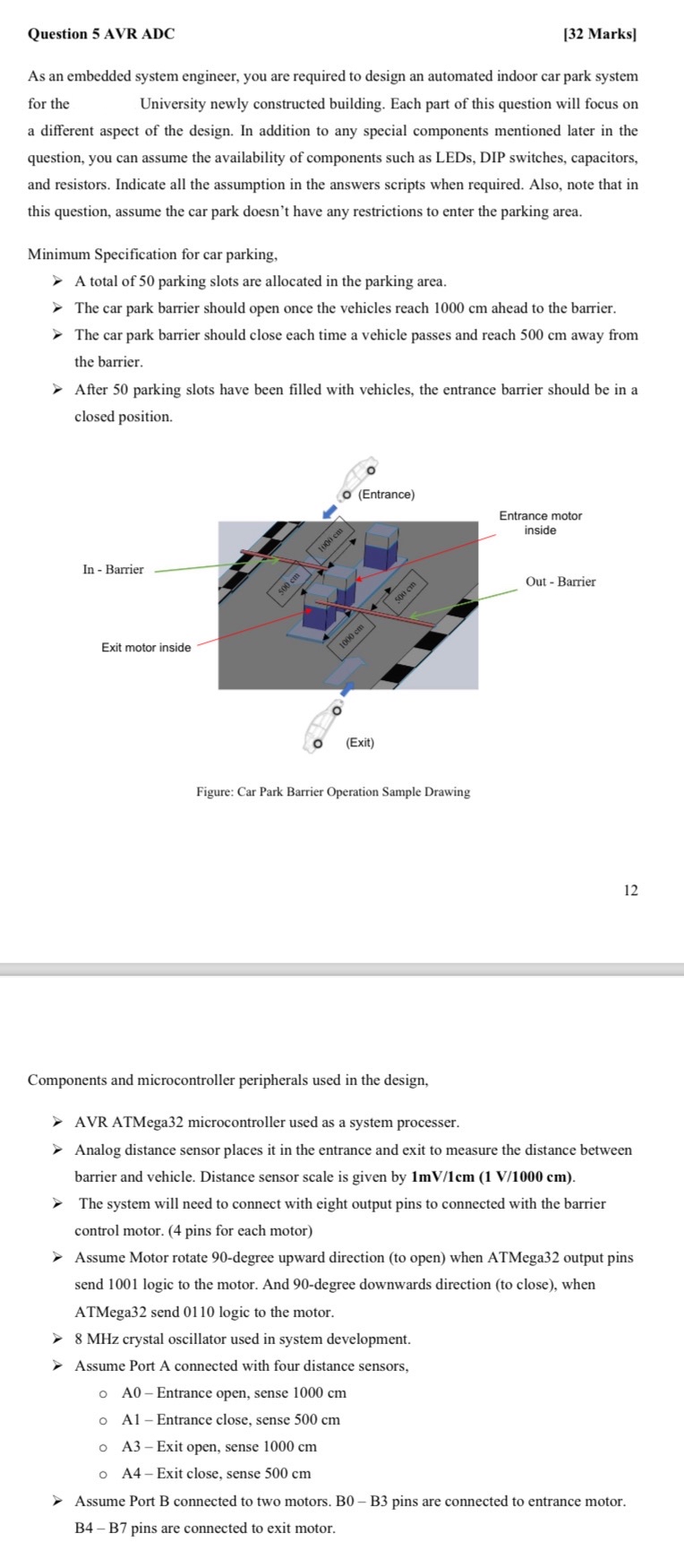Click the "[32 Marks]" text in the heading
pyautogui.click(x=600, y=34)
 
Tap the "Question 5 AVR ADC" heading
pyautogui.click(x=101, y=34)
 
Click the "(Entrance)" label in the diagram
pyautogui.click(x=386, y=495)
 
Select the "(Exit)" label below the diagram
pyautogui.click(x=360, y=743)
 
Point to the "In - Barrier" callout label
pyautogui.click(x=113, y=570)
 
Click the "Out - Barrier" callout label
pyautogui.click(x=560, y=582)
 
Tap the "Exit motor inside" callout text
pyautogui.click(x=146, y=648)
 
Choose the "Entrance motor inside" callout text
pyautogui.click(x=540, y=523)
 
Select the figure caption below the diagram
pyautogui.click(x=333, y=792)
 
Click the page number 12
pyautogui.click(x=631, y=890)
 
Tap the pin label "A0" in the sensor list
pyautogui.click(x=132, y=1392)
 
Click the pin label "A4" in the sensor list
pyautogui.click(x=132, y=1473)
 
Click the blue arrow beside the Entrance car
pyautogui.click(x=331, y=511)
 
